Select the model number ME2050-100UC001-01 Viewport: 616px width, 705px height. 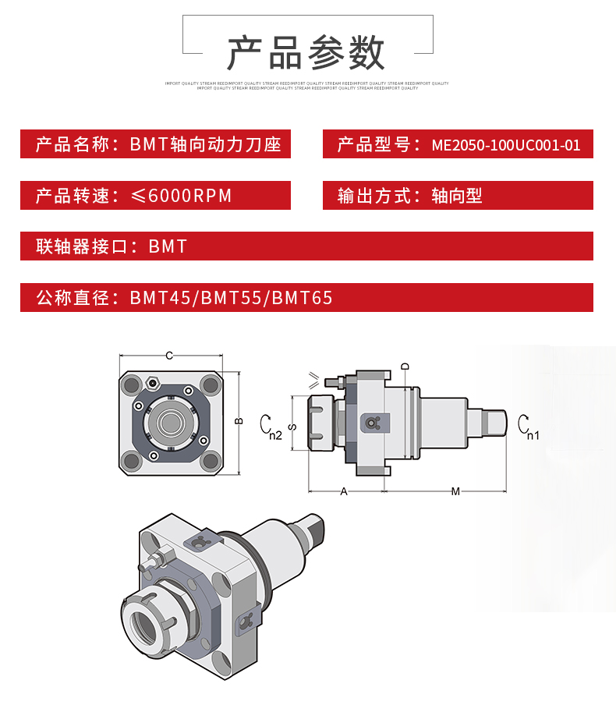506,145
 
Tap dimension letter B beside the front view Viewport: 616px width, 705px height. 239,421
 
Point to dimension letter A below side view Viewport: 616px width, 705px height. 344,491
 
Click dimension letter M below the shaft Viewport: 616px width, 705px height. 455,491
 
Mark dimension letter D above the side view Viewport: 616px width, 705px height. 405,366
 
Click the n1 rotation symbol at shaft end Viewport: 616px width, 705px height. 526,425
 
